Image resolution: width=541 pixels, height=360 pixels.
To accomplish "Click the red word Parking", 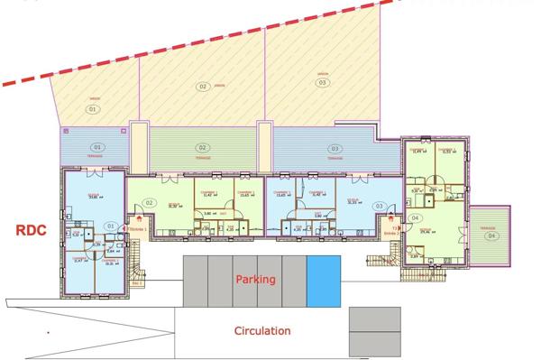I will pos(255,280).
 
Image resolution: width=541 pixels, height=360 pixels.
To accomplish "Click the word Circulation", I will pos(262,331).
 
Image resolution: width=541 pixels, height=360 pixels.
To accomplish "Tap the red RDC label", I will pos(31,230).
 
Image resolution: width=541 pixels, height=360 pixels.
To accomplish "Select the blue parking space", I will pos(325,281).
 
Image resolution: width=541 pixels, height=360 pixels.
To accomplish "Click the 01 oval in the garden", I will pos(92,108).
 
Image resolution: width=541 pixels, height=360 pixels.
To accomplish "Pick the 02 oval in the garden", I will pos(203,86).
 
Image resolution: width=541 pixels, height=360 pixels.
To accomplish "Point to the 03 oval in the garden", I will pos(322,82).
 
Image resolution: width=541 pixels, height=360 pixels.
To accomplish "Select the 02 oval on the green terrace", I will pos(203,147).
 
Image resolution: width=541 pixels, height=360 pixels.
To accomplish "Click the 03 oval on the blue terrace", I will pos(335,148).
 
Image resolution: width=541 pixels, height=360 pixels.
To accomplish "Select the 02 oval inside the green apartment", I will pos(150,202).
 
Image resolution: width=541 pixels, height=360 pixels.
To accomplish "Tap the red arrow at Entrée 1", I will pos(140,219).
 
